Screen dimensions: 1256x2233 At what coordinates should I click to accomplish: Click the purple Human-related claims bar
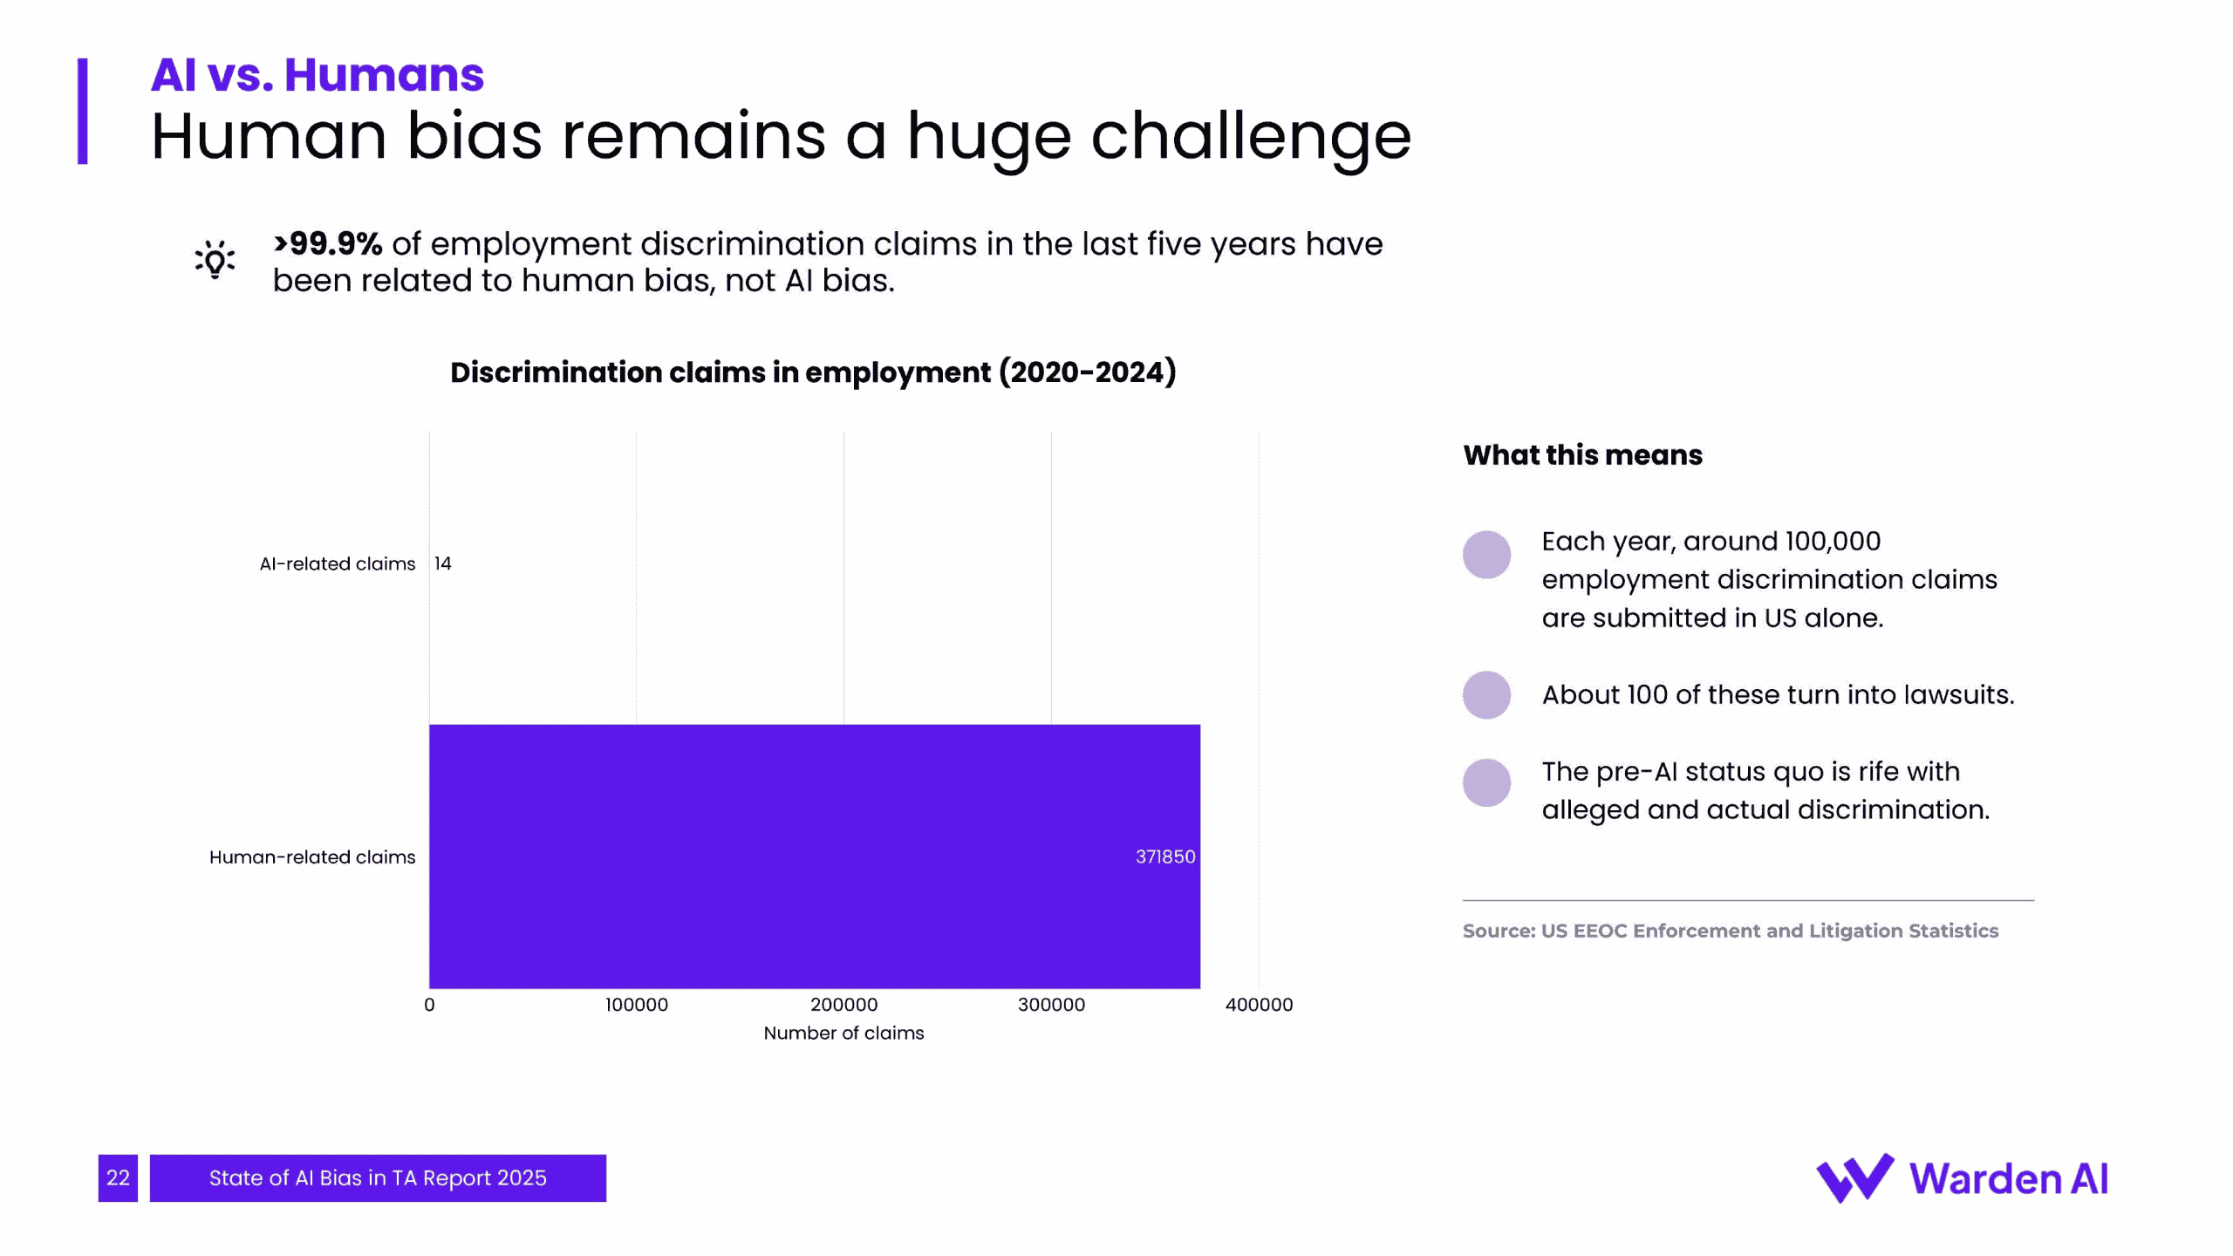pyautogui.click(x=814, y=856)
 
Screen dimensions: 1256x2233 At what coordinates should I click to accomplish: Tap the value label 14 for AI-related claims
pyautogui.click(x=443, y=563)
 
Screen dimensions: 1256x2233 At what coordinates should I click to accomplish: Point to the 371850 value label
pyautogui.click(x=1164, y=857)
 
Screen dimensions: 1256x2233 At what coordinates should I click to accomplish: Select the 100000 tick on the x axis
pyautogui.click(x=637, y=1005)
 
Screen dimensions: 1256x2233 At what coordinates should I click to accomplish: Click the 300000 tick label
pyautogui.click(x=1051, y=1005)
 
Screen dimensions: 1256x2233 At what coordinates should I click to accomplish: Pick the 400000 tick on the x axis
pyautogui.click(x=1259, y=1005)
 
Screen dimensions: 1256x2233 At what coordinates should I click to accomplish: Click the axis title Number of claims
pyautogui.click(x=843, y=1033)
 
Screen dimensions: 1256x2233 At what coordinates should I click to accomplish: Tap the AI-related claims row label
pyautogui.click(x=337, y=563)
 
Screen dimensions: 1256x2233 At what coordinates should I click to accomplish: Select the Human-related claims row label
pyautogui.click(x=312, y=857)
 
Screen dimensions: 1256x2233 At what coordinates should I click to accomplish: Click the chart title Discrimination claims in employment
pyautogui.click(x=813, y=372)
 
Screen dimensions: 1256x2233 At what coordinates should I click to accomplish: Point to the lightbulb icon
pyautogui.click(x=215, y=260)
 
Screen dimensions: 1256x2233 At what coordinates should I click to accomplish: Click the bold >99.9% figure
pyautogui.click(x=328, y=243)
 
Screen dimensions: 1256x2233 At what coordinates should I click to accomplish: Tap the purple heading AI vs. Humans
pyautogui.click(x=318, y=74)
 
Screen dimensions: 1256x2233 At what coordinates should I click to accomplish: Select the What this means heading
pyautogui.click(x=1582, y=454)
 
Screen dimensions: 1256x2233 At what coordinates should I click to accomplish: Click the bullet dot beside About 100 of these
pyautogui.click(x=1486, y=695)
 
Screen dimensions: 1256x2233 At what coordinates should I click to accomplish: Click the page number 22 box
pyautogui.click(x=118, y=1177)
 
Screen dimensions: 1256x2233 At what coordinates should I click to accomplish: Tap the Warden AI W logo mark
pyautogui.click(x=1854, y=1177)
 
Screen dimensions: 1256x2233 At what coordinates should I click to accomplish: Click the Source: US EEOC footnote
pyautogui.click(x=1730, y=931)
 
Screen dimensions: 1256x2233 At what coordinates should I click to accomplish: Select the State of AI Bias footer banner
pyautogui.click(x=378, y=1177)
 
